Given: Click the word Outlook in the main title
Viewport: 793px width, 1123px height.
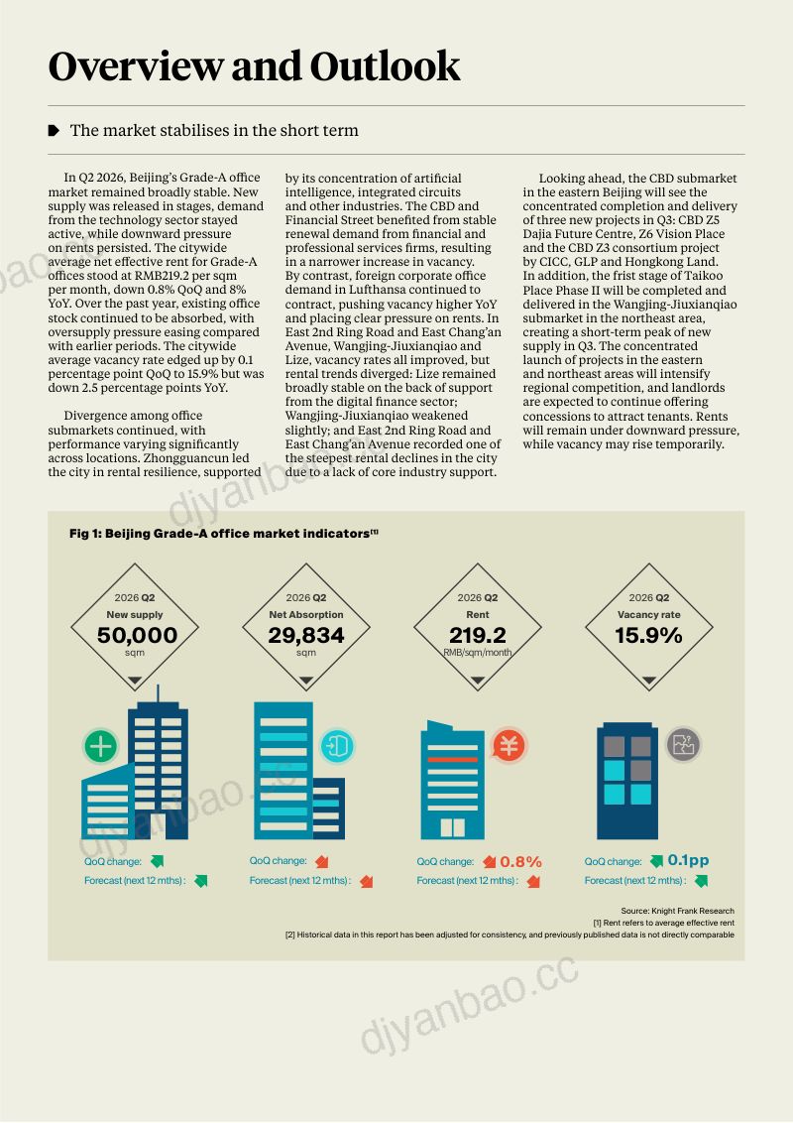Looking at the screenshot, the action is (385, 65).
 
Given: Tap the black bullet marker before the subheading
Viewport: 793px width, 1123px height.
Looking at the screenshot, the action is (54, 130).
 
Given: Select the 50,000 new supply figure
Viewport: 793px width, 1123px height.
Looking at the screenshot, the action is (137, 635).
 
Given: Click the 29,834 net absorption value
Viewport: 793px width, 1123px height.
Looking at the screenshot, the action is (306, 635).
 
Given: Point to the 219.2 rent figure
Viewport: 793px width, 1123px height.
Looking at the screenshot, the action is (478, 635).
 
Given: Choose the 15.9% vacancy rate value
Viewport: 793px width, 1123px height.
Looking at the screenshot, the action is (648, 635).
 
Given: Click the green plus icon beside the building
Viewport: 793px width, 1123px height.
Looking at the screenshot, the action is (101, 746).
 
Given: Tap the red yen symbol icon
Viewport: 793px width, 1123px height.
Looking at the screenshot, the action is (509, 746).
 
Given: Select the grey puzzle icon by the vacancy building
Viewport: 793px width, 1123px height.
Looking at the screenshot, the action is (684, 745).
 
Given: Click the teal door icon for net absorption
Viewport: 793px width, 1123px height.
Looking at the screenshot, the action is (338, 746).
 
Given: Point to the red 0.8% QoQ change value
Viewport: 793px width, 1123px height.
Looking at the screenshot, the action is (521, 861).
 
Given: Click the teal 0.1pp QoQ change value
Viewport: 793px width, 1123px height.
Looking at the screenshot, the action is (689, 860).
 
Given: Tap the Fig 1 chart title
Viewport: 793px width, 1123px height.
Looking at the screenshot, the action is (223, 534).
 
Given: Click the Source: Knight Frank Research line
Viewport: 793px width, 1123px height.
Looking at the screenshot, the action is (677, 911).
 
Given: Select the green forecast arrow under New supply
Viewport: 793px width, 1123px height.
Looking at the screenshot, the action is (200, 881).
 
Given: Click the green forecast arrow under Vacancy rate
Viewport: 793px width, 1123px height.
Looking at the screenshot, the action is (701, 881).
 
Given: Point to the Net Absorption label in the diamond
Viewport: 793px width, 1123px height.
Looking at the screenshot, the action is (306, 614).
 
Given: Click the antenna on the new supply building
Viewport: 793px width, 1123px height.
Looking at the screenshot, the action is (159, 694).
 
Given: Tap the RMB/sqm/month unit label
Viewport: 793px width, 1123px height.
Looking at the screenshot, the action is (478, 653).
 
